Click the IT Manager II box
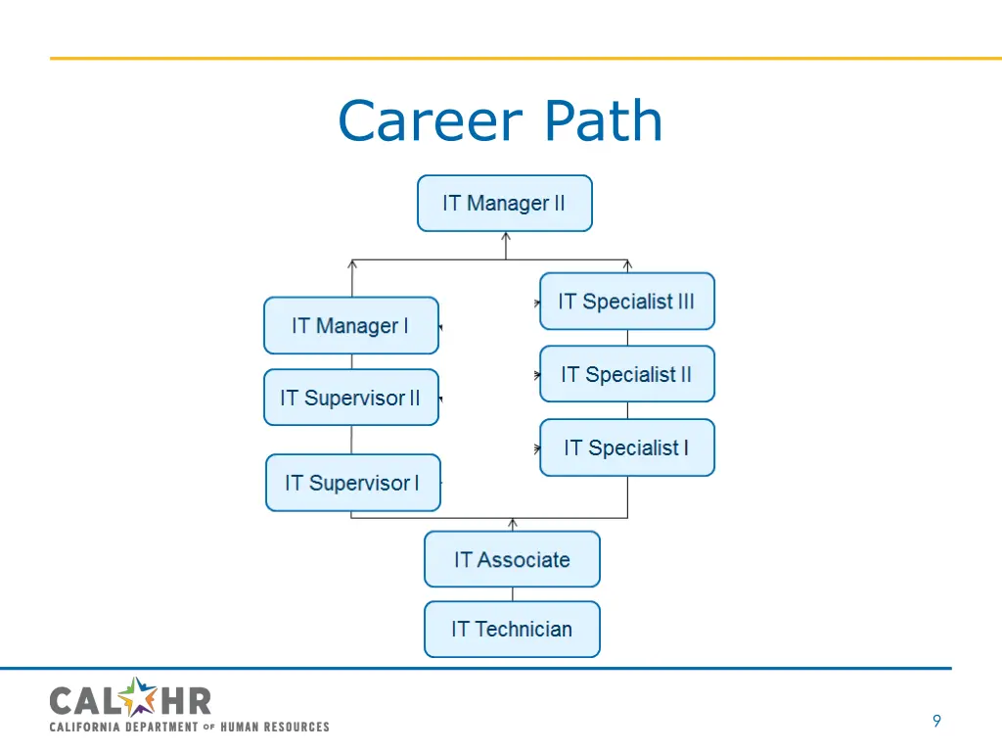point(504,204)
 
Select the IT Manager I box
point(350,326)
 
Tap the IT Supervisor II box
point(350,398)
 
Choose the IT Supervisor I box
point(352,483)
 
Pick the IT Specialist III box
point(626,302)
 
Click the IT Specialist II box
point(626,374)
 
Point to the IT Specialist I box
point(626,448)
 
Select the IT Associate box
point(512,560)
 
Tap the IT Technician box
point(512,630)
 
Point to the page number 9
point(936,722)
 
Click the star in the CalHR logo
point(142,698)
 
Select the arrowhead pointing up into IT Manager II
point(506,236)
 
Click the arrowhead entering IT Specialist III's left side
point(537,304)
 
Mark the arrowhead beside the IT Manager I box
point(441,327)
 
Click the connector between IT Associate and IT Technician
point(512,594)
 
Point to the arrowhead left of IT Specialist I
point(537,449)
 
